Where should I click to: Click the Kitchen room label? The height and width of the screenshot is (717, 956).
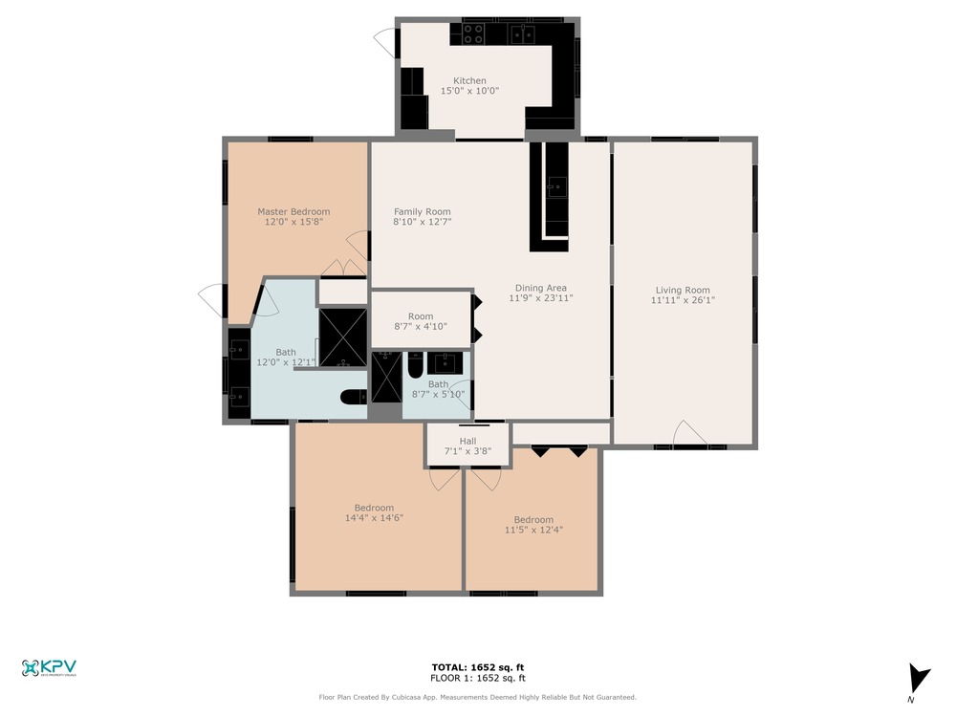point(469,85)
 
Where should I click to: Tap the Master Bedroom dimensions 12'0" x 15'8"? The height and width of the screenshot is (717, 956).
point(293,222)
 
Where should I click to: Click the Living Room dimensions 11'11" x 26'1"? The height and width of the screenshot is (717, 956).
point(683,300)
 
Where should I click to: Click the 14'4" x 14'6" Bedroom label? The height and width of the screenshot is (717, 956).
point(375,512)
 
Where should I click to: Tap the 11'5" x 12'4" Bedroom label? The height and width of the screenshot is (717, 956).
point(533,525)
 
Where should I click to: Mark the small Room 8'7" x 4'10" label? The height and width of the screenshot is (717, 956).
point(421,321)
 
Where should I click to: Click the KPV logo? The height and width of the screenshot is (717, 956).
point(49,668)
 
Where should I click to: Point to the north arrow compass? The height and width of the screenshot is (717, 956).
point(917,683)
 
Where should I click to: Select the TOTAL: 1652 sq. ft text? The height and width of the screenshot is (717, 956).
point(477,667)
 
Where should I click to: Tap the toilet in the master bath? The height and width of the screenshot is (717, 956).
point(354,398)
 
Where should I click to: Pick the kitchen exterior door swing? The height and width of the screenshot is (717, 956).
point(385,43)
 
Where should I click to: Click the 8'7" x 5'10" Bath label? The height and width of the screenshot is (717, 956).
point(438,389)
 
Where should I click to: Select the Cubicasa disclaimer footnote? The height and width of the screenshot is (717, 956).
point(477,697)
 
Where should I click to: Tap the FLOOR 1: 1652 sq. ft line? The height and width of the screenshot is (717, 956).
point(477,678)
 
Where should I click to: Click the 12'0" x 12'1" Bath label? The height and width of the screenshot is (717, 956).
point(285,358)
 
